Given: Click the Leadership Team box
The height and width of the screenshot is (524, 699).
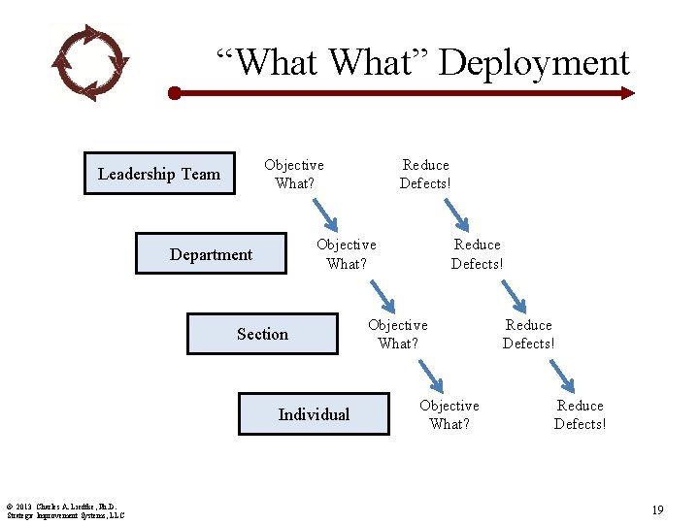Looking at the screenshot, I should [159, 174].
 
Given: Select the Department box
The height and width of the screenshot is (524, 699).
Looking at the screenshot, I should [211, 254].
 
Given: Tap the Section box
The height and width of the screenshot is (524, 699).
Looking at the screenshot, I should [262, 334].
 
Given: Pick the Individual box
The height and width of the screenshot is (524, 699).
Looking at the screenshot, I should [314, 414].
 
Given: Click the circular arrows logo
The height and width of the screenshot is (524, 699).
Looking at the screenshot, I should [88, 62].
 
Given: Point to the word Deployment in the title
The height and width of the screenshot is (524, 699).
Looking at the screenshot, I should [534, 62].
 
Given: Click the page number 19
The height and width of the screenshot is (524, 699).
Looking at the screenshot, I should [657, 508].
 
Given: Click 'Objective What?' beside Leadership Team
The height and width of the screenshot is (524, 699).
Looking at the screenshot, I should [294, 174].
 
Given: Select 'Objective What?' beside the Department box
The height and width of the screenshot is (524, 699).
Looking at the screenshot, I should [347, 253].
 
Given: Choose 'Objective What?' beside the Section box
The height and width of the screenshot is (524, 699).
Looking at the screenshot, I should [398, 334].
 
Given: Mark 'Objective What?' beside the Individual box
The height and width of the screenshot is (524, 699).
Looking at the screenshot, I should [449, 414].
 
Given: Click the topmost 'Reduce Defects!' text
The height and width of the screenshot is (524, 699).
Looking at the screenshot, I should [425, 174].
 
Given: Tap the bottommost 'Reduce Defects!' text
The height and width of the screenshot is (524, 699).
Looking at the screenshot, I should [581, 414].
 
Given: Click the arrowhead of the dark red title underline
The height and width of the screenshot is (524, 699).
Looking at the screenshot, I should [627, 93].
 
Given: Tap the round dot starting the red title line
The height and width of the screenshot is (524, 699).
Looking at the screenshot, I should [174, 94].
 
